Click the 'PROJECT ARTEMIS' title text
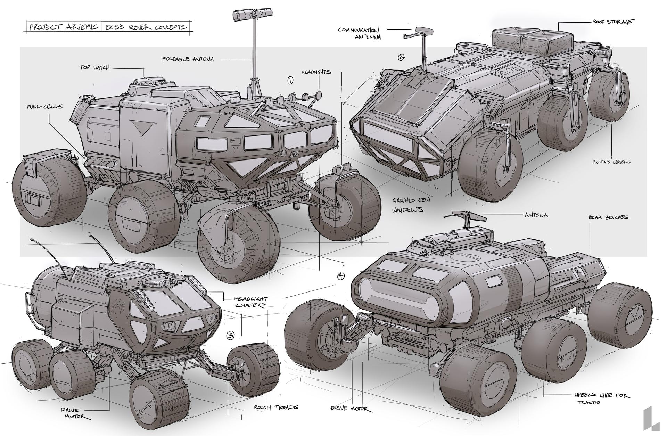click(64, 27)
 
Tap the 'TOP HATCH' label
click(94, 68)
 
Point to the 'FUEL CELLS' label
click(44, 106)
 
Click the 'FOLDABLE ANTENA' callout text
click(187, 59)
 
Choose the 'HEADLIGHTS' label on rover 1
click(316, 72)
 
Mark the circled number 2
click(401, 58)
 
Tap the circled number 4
click(341, 276)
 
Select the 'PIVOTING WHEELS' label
click(611, 162)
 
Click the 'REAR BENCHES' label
click(608, 217)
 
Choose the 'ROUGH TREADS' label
click(276, 407)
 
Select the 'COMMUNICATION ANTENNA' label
click(360, 33)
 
